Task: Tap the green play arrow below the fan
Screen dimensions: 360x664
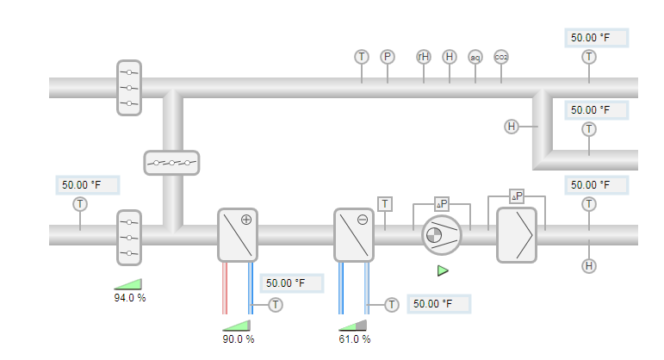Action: point(443,271)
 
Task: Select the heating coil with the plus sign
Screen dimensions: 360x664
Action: point(238,234)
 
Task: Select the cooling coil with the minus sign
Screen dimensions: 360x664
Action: point(354,234)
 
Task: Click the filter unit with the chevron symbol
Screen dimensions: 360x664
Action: point(517,234)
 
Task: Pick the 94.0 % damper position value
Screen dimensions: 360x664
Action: point(129,298)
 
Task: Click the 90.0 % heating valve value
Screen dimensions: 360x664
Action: point(239,338)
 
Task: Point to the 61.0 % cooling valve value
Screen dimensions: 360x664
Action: point(354,338)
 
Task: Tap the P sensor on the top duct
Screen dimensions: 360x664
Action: point(388,57)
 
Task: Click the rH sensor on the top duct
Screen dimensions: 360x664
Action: point(424,57)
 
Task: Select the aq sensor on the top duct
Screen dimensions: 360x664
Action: point(475,57)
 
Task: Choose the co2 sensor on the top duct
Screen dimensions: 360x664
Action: point(501,57)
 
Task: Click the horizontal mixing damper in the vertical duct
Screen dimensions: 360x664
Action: point(171,162)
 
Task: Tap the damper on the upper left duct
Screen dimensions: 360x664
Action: point(128,87)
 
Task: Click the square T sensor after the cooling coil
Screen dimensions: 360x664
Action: point(385,204)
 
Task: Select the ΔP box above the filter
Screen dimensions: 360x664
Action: point(517,196)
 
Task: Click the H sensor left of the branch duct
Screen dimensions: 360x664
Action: point(512,127)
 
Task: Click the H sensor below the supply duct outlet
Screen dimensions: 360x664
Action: point(589,265)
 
